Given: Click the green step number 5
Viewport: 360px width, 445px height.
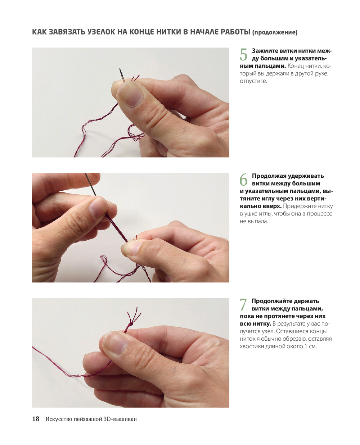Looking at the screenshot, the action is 243,55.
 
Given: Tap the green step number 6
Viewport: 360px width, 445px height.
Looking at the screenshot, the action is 243,180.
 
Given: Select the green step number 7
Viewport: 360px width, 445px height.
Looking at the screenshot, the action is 243,305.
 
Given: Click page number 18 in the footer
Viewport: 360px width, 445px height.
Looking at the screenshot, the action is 36,419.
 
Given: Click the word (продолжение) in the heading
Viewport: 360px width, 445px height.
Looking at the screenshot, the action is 275,33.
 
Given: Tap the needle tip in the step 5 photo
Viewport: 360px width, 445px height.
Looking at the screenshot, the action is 120,69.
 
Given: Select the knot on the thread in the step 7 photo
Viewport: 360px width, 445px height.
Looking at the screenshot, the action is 131,324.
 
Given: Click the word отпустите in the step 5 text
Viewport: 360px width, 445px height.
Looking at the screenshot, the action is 253,81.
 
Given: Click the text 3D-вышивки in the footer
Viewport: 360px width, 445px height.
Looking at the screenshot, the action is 120,419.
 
